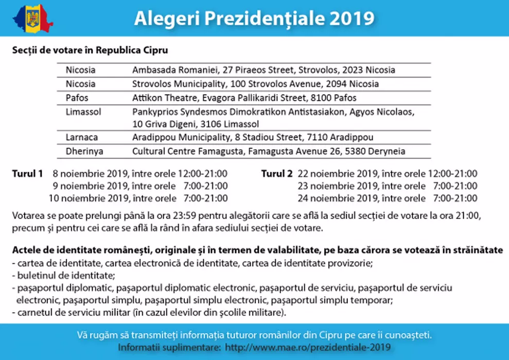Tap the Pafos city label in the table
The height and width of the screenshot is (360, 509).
tap(77, 98)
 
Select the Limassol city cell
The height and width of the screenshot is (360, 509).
tap(83, 111)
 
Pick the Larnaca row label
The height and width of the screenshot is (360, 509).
tap(81, 137)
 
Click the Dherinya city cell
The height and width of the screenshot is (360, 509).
tap(84, 151)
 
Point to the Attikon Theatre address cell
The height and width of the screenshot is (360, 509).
tap(244, 98)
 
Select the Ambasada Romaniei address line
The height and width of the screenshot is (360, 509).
tap(264, 70)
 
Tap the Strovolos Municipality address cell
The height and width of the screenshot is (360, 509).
tap(255, 84)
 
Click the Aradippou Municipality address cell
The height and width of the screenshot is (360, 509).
tap(253, 137)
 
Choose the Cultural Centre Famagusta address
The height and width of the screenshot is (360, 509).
tap(269, 151)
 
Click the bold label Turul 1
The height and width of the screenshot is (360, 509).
tap(27, 173)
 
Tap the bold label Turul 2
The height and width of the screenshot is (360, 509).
tap(277, 173)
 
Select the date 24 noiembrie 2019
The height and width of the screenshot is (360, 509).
tap(341, 199)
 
